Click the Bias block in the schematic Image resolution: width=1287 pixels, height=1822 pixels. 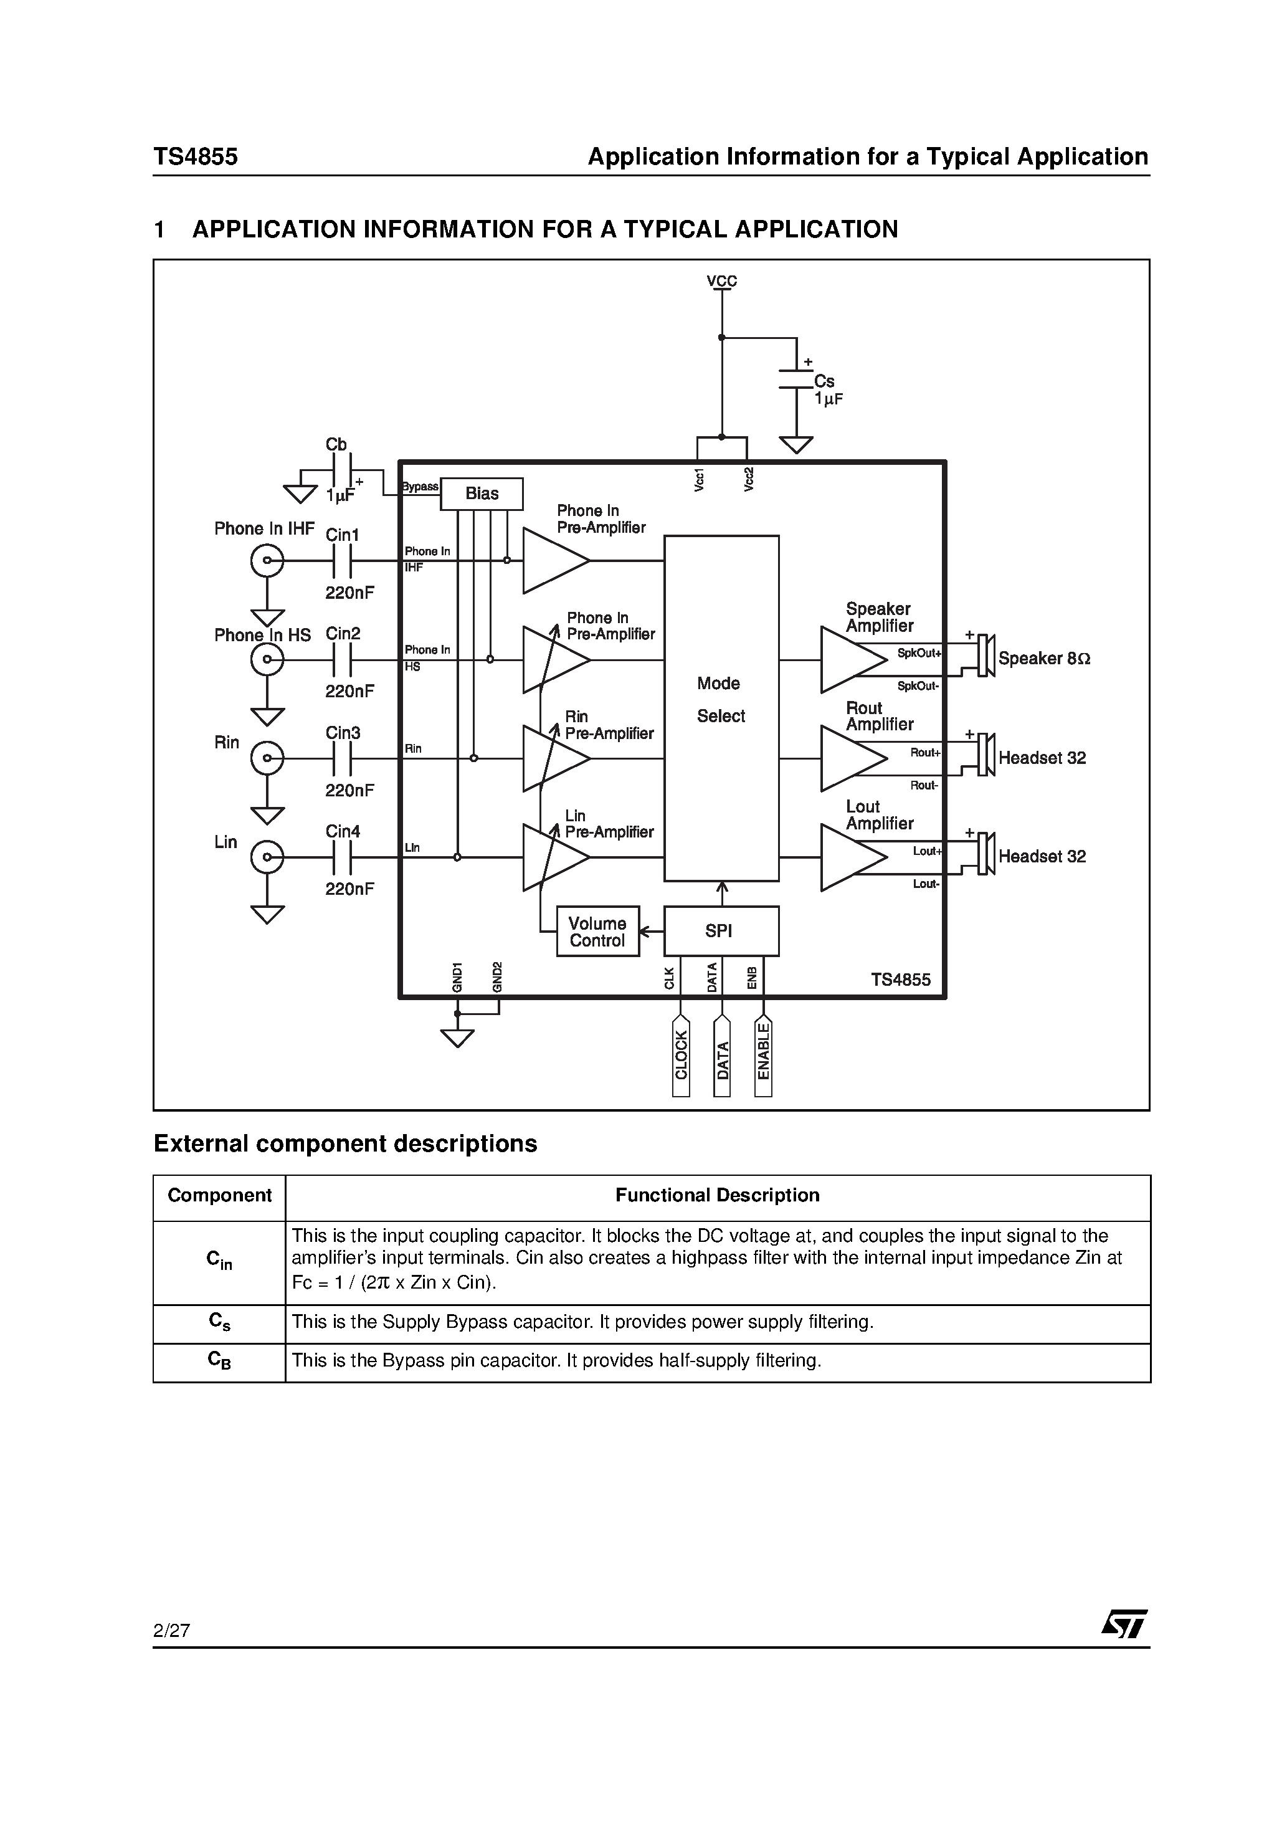482,494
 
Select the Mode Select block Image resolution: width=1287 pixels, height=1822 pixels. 721,707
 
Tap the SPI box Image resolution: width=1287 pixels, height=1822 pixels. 721,931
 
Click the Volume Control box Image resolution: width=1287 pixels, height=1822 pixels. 597,932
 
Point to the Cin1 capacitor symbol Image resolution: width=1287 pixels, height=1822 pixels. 342,561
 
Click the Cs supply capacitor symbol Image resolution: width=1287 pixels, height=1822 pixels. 796,379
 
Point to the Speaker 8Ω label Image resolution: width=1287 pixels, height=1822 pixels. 1044,659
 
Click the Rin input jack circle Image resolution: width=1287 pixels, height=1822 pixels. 267,758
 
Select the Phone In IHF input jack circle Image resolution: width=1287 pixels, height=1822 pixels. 267,561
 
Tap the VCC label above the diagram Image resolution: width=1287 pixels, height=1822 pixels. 721,281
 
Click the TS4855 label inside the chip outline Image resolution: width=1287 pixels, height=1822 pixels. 901,980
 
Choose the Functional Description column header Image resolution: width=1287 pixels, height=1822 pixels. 717,1195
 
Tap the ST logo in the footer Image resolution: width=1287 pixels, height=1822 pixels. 1124,1624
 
